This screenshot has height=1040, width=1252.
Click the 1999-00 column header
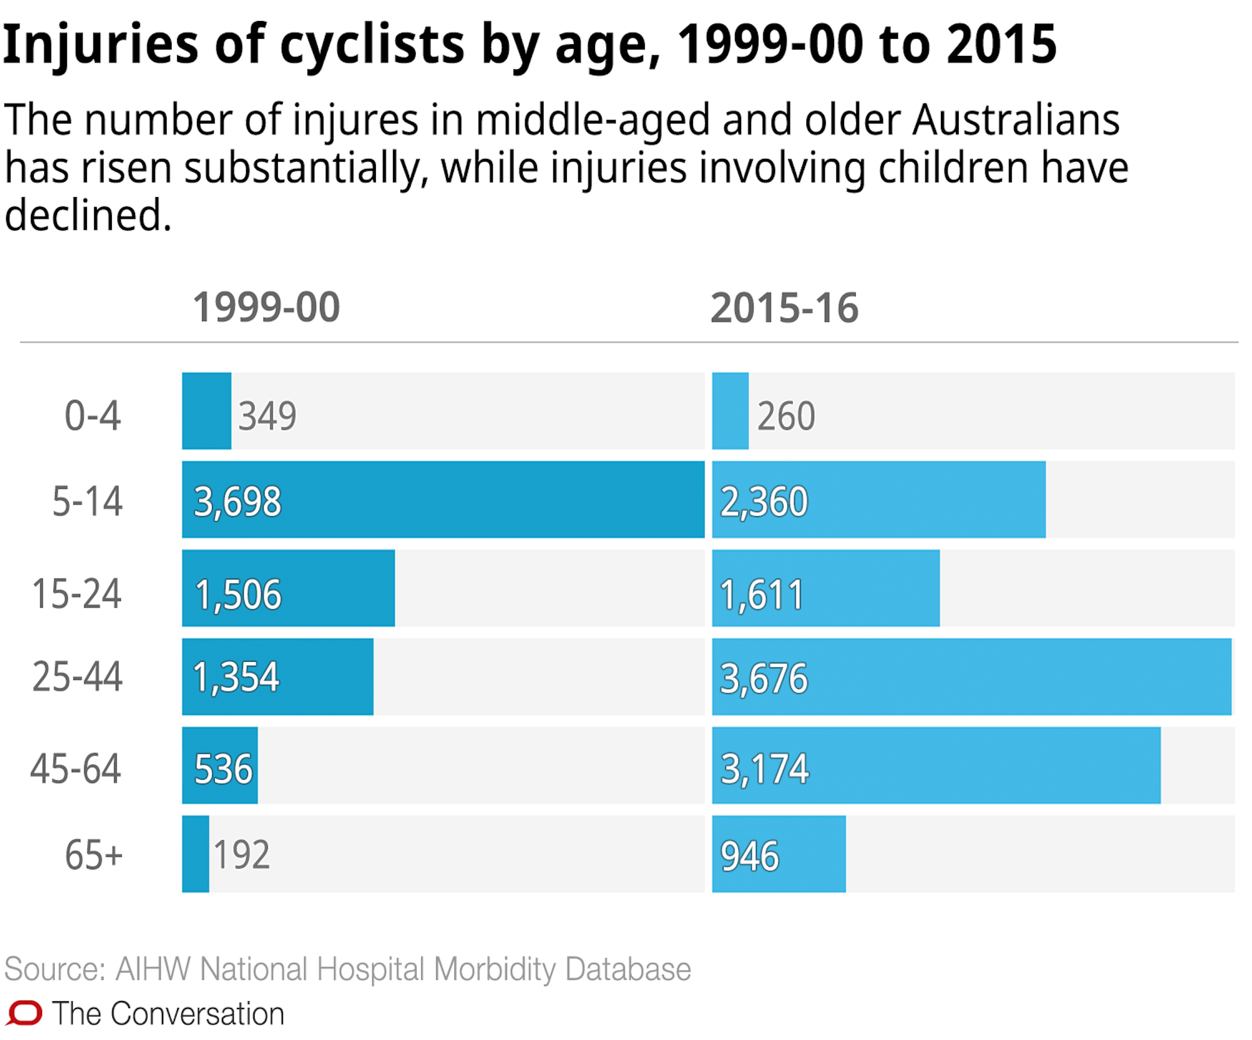click(266, 308)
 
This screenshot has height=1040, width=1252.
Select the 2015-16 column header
click(784, 308)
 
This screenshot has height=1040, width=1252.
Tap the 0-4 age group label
click(92, 416)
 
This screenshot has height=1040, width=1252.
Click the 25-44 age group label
click(77, 677)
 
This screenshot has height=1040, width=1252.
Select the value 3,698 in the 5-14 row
click(237, 502)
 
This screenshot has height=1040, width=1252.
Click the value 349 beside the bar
click(267, 416)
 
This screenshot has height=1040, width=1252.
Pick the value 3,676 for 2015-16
click(764, 678)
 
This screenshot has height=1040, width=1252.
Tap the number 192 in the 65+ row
click(241, 854)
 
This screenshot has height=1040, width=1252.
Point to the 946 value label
click(749, 856)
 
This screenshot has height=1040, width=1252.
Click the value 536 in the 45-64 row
click(223, 769)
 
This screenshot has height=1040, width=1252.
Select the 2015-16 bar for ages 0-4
click(731, 411)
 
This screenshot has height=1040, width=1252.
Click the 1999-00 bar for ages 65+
click(195, 854)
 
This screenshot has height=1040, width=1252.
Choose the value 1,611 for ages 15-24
click(762, 595)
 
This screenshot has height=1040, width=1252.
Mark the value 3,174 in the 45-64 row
click(765, 769)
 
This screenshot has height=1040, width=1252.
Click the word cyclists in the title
click(371, 45)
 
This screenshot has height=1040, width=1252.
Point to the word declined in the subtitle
click(87, 215)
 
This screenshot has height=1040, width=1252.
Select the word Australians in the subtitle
click(1015, 120)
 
